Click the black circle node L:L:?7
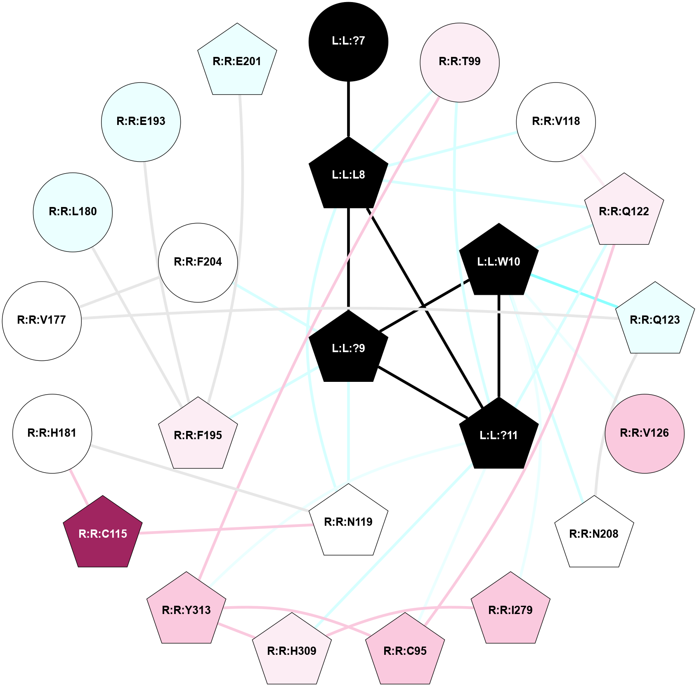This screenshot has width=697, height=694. (x=348, y=41)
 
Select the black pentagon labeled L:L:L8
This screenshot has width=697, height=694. (x=348, y=175)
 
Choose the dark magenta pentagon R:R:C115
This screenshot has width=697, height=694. (x=103, y=534)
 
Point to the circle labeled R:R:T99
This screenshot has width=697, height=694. (x=459, y=62)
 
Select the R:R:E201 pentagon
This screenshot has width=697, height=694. (x=237, y=62)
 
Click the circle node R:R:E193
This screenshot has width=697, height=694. (x=141, y=122)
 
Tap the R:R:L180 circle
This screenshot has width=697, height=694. (x=73, y=212)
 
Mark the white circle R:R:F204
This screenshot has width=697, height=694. (x=198, y=262)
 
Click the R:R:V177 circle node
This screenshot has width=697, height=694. (x=42, y=320)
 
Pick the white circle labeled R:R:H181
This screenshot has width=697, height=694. (x=52, y=433)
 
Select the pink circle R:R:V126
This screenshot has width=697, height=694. (x=644, y=433)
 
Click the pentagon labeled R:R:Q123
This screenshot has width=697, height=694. (x=654, y=320)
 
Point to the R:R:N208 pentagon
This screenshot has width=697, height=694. (x=593, y=534)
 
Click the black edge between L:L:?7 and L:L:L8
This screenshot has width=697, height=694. (x=348, y=109)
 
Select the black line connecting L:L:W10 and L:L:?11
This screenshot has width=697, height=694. (x=499, y=346)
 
